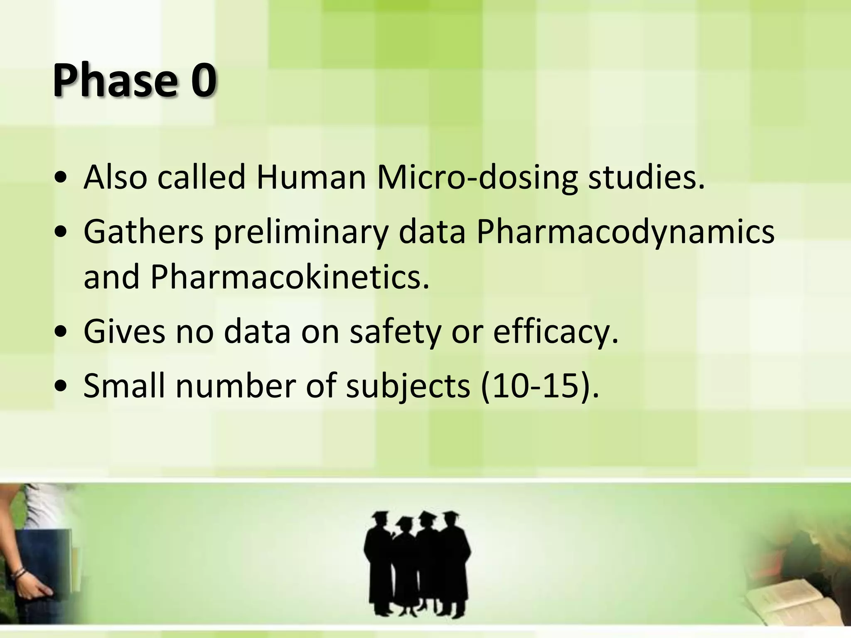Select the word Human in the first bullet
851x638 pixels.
pos(311,178)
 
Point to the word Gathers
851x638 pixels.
pos(143,232)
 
